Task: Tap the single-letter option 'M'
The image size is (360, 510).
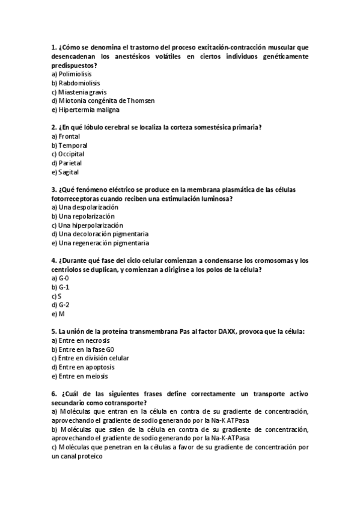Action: coord(61,314)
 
